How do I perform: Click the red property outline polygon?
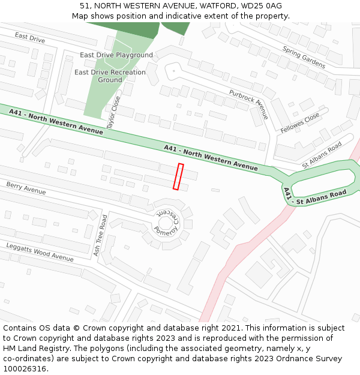coord(178,176)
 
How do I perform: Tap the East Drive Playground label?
coord(116,55)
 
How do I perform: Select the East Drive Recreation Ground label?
coord(110,76)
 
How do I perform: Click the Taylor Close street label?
coord(113,113)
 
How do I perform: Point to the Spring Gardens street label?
coord(304,58)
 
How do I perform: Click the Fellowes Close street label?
coord(300,123)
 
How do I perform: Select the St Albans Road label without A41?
coord(322,154)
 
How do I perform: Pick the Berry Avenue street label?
coord(26,188)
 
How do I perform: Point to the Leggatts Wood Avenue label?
coord(40,252)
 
